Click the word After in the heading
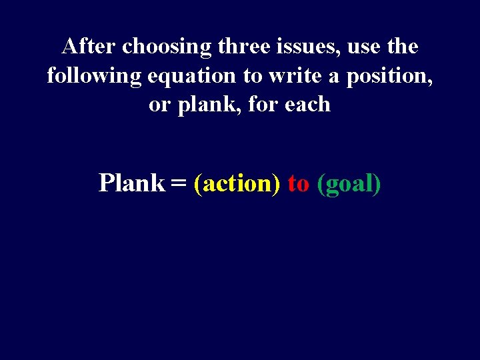pyautogui.click(x=89, y=47)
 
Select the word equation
pyautogui.click(x=190, y=77)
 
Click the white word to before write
pyautogui.click(x=252, y=76)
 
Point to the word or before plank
pyautogui.click(x=159, y=105)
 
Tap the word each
pyautogui.click(x=307, y=104)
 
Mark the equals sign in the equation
pyautogui.click(x=178, y=183)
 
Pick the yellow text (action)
pyautogui.click(x=237, y=183)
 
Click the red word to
pyautogui.click(x=298, y=183)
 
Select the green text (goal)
pyautogui.click(x=349, y=183)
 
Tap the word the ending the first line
pyautogui.click(x=403, y=47)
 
